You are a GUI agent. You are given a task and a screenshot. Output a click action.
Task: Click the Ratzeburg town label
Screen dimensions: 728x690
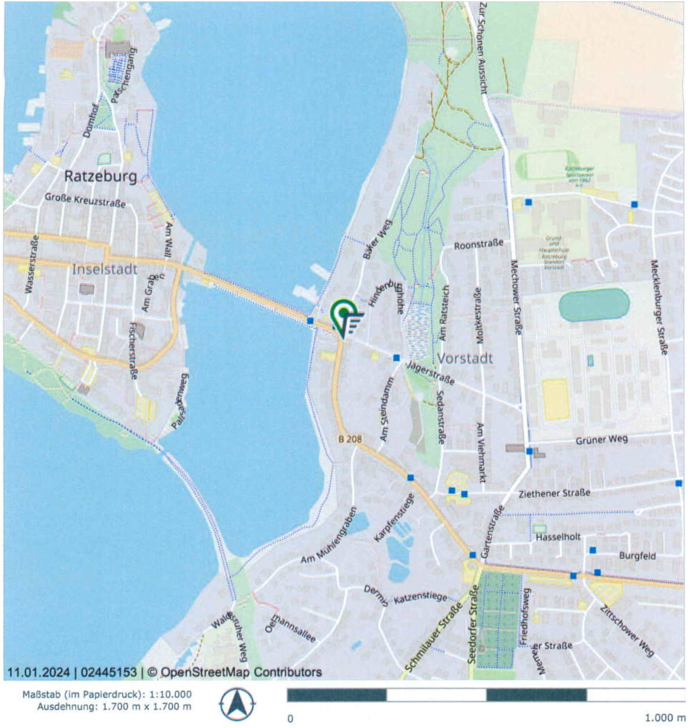click(x=100, y=177)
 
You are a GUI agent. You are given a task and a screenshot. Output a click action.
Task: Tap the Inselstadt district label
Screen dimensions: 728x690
click(x=105, y=269)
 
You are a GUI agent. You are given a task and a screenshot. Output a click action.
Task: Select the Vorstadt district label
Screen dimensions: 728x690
click(x=465, y=358)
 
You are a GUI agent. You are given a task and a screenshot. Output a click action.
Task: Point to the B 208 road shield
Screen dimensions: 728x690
click(x=349, y=439)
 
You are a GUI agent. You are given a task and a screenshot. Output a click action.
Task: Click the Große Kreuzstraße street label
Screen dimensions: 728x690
click(x=85, y=200)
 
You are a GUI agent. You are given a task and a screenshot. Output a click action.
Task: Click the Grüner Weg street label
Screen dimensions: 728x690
click(x=602, y=440)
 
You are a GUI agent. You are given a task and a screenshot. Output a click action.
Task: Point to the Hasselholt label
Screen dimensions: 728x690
click(x=558, y=537)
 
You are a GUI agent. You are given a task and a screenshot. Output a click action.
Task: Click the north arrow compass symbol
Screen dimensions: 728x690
click(x=237, y=704)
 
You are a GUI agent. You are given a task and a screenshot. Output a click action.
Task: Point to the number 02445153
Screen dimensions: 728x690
click(x=109, y=672)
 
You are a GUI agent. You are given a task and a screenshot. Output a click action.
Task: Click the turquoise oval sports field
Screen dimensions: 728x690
click(x=594, y=305)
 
